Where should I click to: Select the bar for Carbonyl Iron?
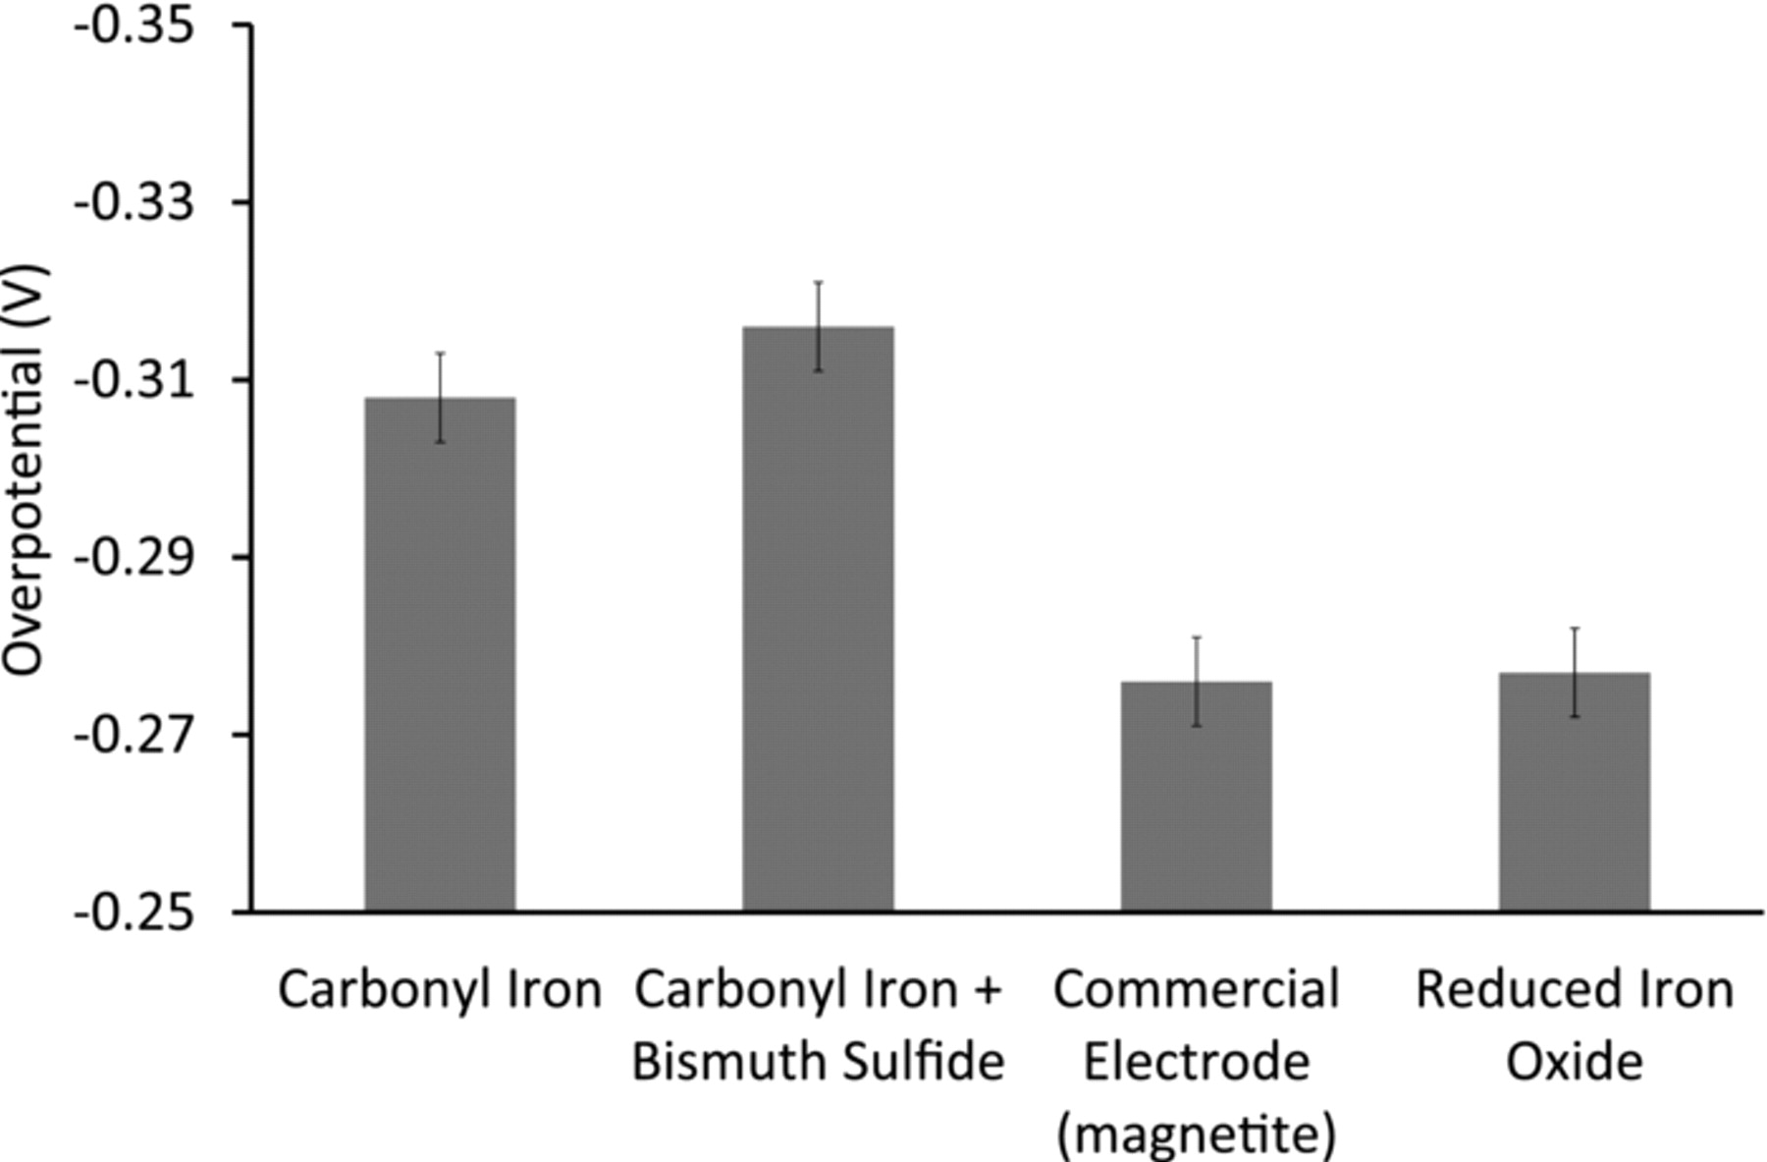440,654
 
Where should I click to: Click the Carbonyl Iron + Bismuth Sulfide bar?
818,619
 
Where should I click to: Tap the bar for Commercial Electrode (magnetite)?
1197,796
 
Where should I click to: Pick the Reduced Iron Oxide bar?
1574,792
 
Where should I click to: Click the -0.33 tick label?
144,203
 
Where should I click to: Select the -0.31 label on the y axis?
144,380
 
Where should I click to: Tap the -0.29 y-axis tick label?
144,558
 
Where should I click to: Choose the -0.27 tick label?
144,735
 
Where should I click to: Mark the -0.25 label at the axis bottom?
144,913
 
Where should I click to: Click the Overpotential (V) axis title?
24,470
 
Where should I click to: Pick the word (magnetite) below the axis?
1197,1134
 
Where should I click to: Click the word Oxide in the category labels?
1574,1062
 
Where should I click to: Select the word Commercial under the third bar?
1197,989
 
